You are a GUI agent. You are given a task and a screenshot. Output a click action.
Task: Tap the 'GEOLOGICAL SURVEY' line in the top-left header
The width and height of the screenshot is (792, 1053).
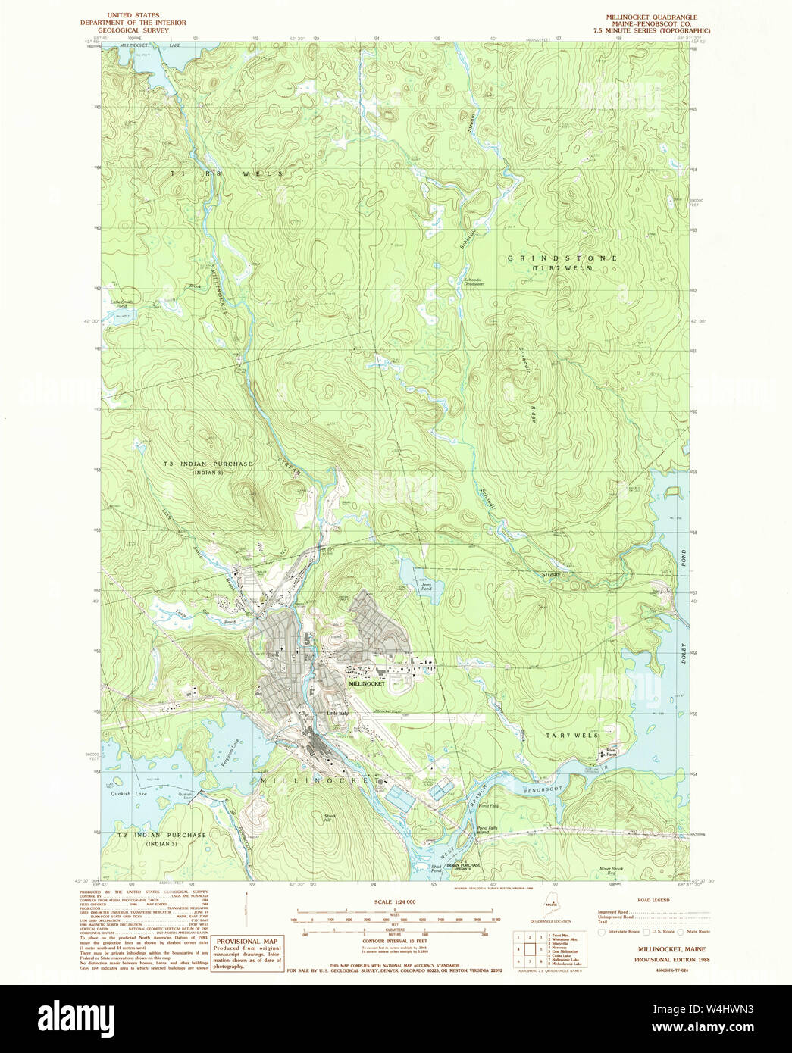133,30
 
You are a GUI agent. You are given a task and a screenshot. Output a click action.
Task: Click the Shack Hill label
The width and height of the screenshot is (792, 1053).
330,817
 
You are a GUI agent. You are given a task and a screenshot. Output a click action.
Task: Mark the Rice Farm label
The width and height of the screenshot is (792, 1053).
610,751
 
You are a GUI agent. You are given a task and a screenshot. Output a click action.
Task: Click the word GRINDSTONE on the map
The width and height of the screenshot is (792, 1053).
562,258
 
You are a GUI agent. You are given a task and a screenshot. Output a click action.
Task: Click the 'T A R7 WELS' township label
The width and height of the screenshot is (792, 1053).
572,736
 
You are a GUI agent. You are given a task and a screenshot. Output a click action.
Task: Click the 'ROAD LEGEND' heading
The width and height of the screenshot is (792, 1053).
654,901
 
